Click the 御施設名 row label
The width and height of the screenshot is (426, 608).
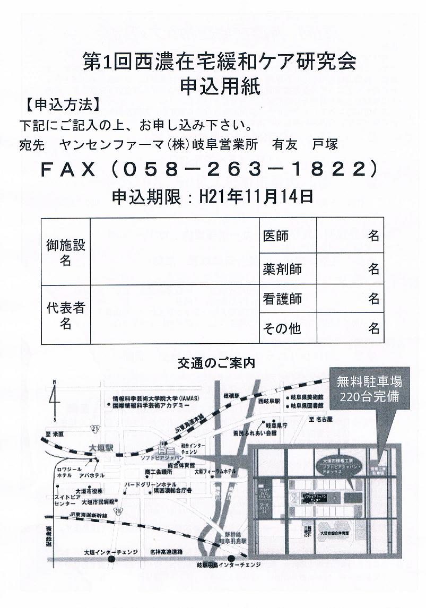(x=65, y=252)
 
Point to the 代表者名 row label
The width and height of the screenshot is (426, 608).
(x=65, y=315)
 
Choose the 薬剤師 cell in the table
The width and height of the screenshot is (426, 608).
(x=282, y=268)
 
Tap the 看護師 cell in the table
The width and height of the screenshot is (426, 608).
(x=282, y=299)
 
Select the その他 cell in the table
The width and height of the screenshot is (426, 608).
(x=282, y=329)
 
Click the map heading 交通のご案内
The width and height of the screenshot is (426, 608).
(x=216, y=363)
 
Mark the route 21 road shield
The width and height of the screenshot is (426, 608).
(x=93, y=428)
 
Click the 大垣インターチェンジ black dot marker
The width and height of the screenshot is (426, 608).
(x=111, y=559)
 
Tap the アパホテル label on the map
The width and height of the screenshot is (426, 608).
(x=92, y=475)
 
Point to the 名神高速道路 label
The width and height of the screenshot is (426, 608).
(x=166, y=552)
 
